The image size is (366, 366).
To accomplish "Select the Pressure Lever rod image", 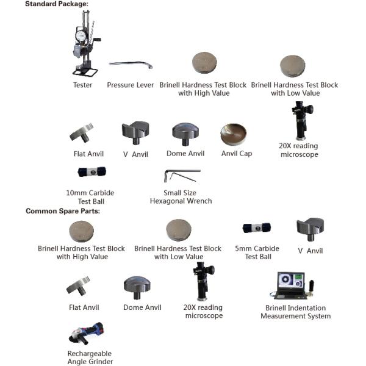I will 131,64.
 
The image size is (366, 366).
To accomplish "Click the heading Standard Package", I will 56,4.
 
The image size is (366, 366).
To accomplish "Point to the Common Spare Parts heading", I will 62,211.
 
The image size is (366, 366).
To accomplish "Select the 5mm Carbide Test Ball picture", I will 257,228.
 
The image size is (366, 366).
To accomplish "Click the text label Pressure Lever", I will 131,85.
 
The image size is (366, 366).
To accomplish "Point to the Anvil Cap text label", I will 237,154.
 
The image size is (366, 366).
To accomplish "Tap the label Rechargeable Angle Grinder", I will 90,357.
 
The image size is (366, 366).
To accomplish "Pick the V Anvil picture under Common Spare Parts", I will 310,230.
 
